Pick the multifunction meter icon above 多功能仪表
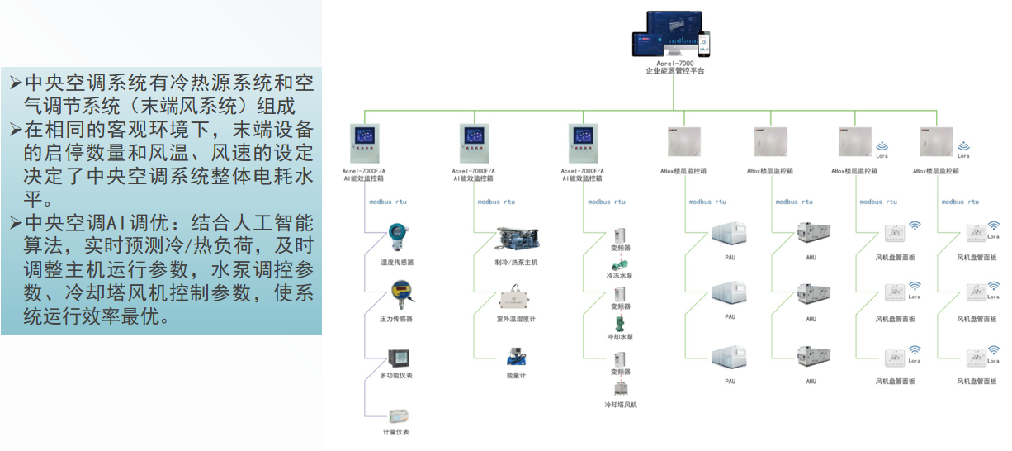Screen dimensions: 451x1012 [399, 358]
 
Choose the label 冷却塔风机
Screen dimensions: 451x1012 [621, 405]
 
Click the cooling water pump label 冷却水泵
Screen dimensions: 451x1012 [620, 337]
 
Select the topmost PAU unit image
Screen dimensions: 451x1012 [730, 235]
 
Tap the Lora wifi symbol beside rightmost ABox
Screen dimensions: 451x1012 [963, 147]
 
